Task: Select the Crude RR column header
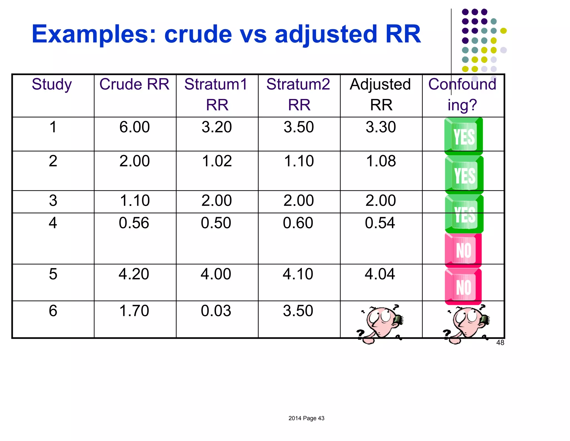pyautogui.click(x=134, y=84)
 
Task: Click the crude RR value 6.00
pyautogui.click(x=134, y=127)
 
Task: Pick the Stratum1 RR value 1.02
pyautogui.click(x=217, y=161)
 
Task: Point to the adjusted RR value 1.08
pyautogui.click(x=381, y=161)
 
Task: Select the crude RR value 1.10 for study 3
pyautogui.click(x=135, y=201)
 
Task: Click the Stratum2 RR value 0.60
pyautogui.click(x=298, y=223)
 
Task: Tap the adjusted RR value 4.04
pyautogui.click(x=380, y=274)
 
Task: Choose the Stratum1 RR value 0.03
pyautogui.click(x=216, y=311)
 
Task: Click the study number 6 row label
pyautogui.click(x=53, y=311)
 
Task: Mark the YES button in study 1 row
pyautogui.click(x=463, y=136)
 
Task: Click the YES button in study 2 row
pyautogui.click(x=464, y=175)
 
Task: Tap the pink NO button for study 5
pyautogui.click(x=463, y=287)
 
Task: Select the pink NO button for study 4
pyautogui.click(x=463, y=249)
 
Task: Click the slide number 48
pyautogui.click(x=500, y=343)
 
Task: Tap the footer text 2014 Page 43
pyautogui.click(x=306, y=418)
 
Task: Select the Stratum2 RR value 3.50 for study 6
pyautogui.click(x=298, y=311)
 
